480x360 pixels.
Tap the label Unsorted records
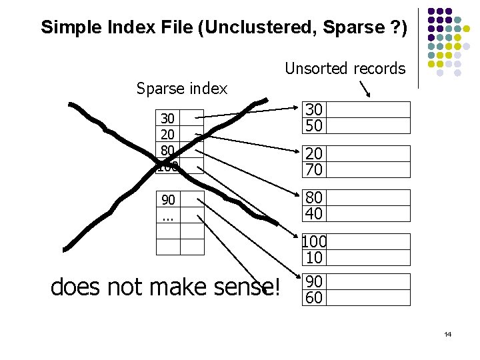[345, 68]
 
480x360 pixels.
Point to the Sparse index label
[181, 88]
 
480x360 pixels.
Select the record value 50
[314, 125]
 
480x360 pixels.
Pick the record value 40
[314, 213]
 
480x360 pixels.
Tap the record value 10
[314, 257]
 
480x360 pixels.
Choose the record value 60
[314, 297]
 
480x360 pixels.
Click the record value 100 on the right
[314, 242]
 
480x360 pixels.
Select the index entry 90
[168, 200]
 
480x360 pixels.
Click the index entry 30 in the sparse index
[168, 119]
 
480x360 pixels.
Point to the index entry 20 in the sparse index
[168, 134]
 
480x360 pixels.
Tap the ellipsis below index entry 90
[168, 216]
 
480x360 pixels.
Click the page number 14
[447, 333]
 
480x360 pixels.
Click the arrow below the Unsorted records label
[365, 89]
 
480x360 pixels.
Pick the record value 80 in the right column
[314, 198]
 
